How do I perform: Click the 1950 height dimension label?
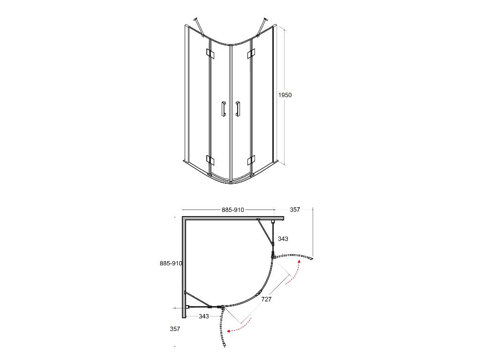(285, 95)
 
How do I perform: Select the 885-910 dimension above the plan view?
(232, 210)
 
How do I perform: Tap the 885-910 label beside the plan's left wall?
(171, 263)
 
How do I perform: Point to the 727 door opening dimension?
(266, 299)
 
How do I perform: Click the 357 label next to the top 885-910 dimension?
(295, 210)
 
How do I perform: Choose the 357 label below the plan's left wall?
(175, 329)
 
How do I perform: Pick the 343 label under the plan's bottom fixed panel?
(203, 316)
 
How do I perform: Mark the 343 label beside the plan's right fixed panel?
(283, 239)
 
